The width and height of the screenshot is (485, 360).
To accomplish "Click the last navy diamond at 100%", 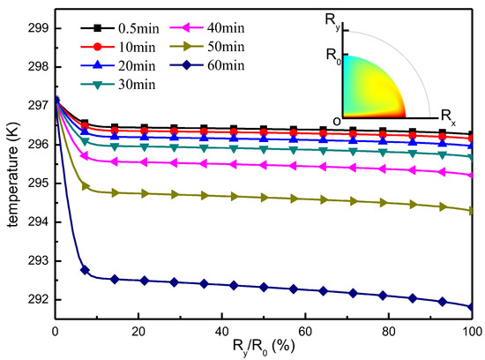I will (x=473, y=307).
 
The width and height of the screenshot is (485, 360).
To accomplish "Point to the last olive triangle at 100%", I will (x=473, y=211).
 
